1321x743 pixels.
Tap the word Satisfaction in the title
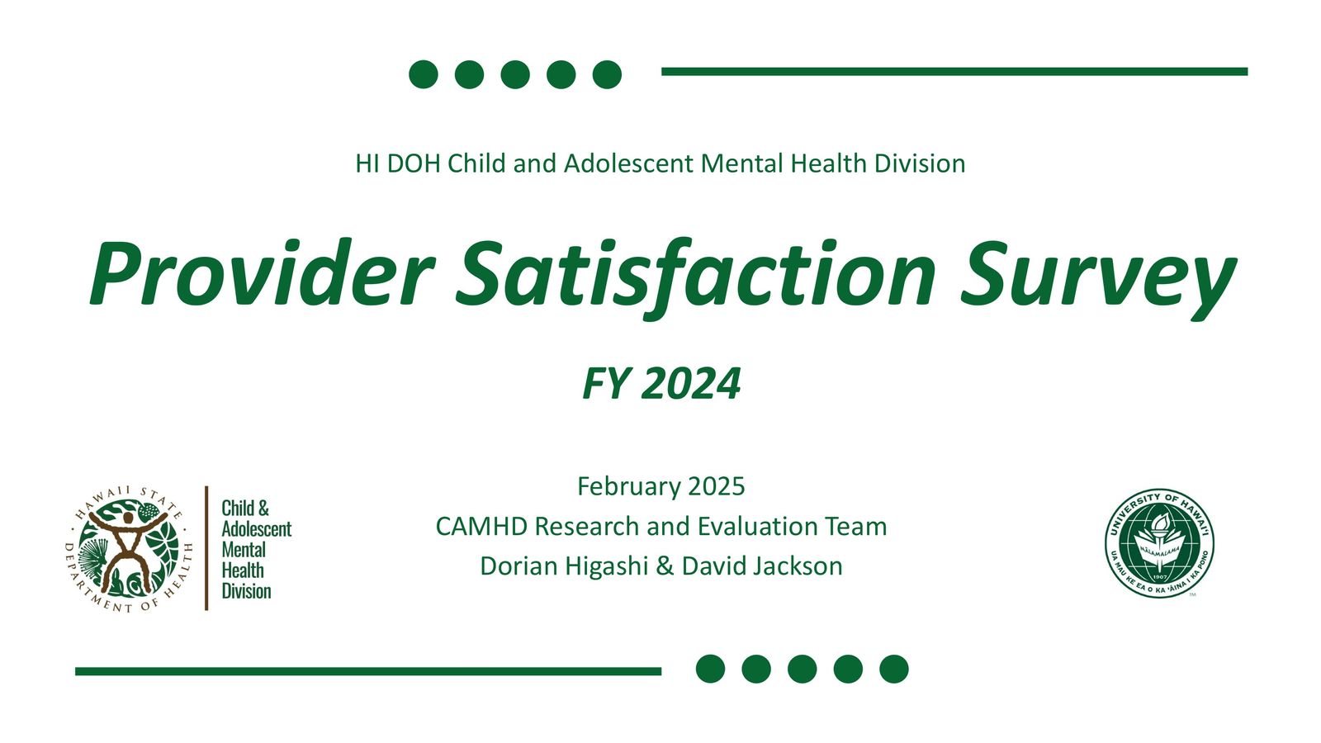coord(695,274)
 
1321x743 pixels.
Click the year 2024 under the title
coord(691,384)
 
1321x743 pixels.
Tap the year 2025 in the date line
coord(716,486)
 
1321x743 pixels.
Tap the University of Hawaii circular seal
coord(1159,542)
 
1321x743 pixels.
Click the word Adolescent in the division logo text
coord(256,529)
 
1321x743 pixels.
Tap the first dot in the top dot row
coord(424,73)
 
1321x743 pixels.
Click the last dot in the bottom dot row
coord(893,669)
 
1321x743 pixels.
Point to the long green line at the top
coord(954,72)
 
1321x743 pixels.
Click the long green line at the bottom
coord(367,671)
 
